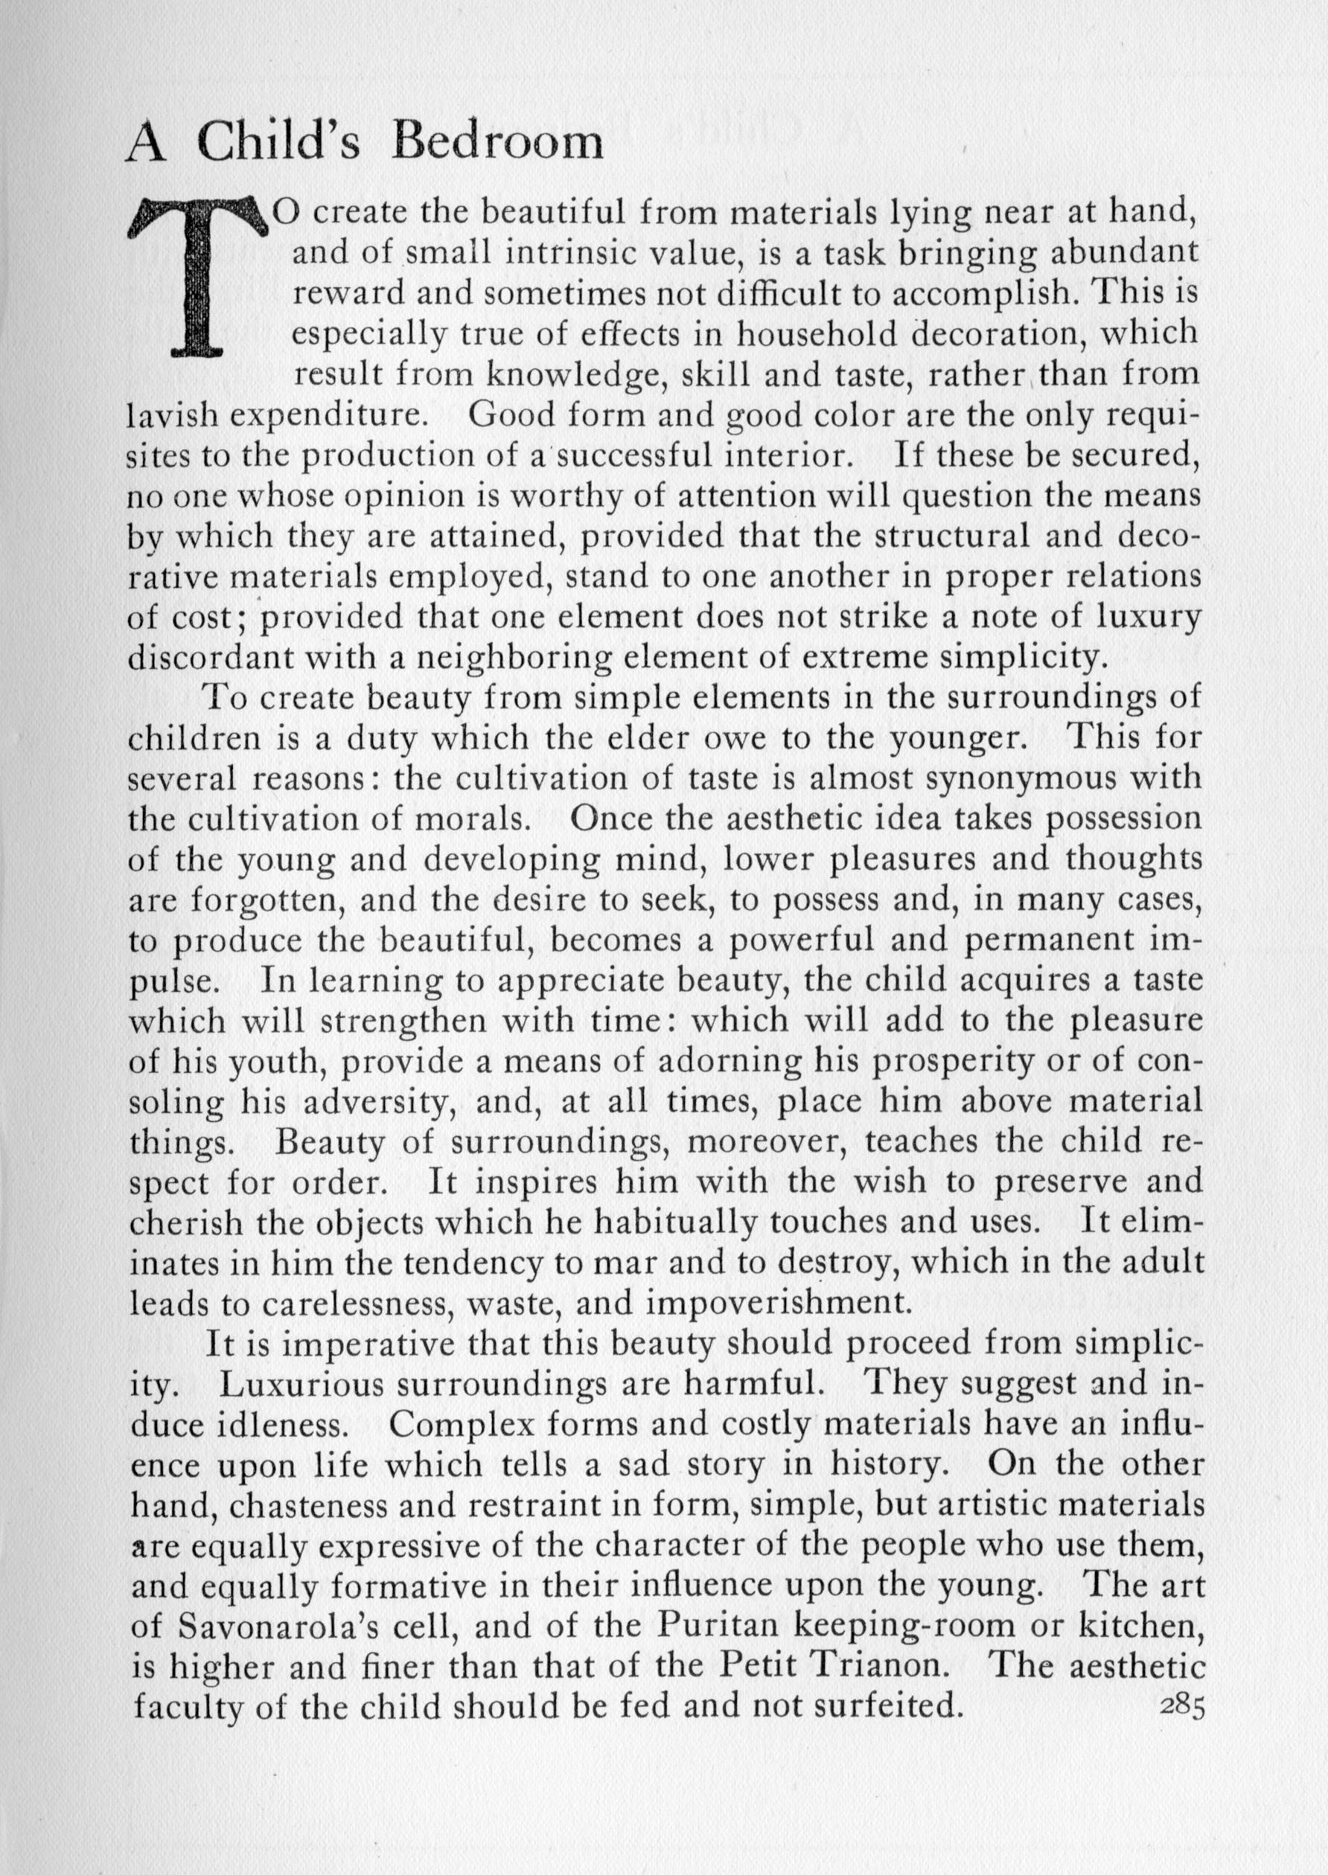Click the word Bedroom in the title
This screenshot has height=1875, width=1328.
tap(497, 144)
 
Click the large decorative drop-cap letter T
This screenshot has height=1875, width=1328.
tap(199, 278)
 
